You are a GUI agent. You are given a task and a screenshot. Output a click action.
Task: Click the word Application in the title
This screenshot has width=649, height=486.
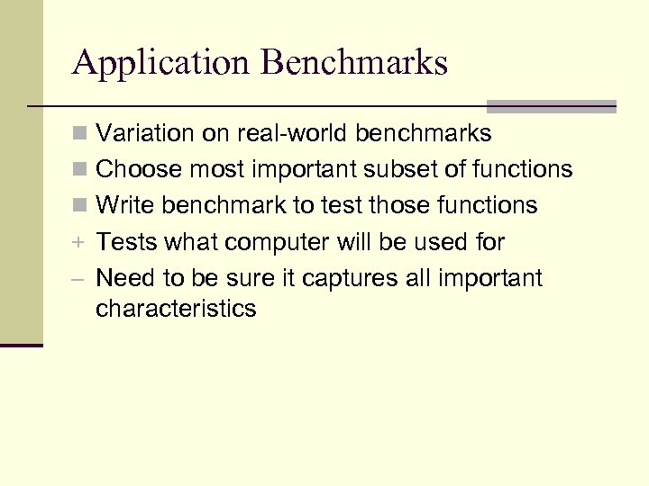click(x=161, y=63)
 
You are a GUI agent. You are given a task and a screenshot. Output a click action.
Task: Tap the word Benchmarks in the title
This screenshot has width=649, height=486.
click(x=355, y=63)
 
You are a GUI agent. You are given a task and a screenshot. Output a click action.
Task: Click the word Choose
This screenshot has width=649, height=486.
click(x=135, y=169)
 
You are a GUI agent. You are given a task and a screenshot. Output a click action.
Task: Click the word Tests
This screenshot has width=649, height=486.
click(x=124, y=242)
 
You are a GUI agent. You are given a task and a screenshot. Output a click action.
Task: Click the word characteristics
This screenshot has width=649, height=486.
click(x=176, y=309)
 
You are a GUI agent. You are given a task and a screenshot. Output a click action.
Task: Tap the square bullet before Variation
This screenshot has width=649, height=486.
click(x=81, y=135)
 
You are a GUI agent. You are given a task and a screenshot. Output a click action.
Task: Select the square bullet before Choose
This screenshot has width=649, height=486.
click(x=81, y=170)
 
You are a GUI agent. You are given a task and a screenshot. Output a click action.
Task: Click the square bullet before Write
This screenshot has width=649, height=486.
click(x=81, y=206)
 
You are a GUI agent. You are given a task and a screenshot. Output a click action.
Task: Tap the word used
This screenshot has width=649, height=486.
click(x=435, y=242)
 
